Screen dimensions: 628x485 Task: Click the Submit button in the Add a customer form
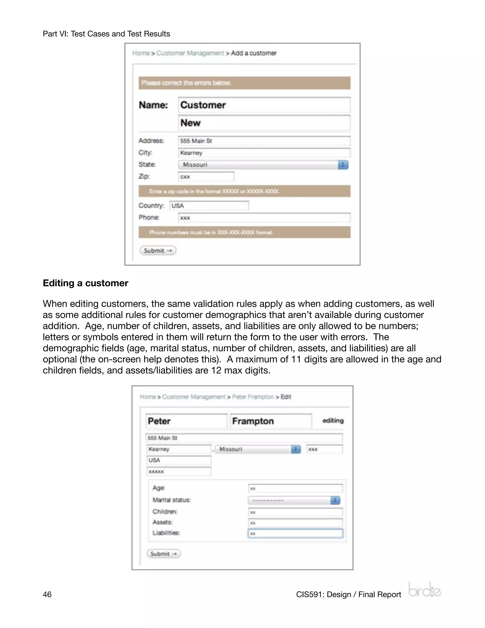tap(158, 250)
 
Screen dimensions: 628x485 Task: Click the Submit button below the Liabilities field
tap(163, 554)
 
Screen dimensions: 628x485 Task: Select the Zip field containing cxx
tap(206, 177)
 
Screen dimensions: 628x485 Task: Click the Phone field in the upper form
tap(264, 218)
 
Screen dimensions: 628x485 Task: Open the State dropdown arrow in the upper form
tap(343, 165)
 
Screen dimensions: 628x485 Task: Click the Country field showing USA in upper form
tap(209, 206)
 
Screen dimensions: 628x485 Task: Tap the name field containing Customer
tap(264, 105)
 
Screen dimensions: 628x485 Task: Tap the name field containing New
tap(264, 123)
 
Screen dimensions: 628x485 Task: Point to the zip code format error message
tap(244, 191)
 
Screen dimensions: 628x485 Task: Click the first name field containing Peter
tap(186, 421)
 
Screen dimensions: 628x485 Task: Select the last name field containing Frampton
tap(271, 421)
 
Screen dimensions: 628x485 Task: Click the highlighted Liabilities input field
tap(295, 533)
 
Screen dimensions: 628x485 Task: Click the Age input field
tap(295, 488)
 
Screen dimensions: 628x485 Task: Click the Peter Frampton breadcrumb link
tap(253, 397)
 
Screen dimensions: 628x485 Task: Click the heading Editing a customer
tap(85, 283)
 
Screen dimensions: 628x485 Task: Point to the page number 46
tap(47, 594)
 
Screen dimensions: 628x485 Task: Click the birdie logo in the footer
tap(425, 590)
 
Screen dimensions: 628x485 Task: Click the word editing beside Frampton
tap(333, 421)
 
